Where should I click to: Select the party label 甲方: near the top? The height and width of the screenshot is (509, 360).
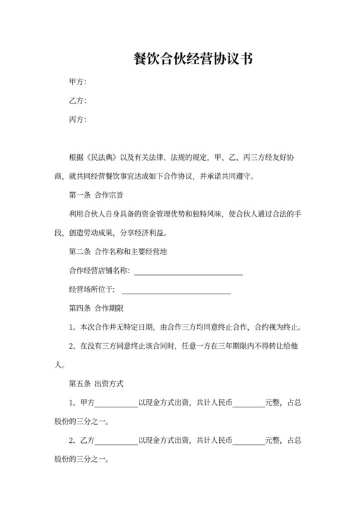(78, 82)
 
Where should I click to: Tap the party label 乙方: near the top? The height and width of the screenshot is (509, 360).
(78, 101)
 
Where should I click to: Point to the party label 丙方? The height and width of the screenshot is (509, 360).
(78, 120)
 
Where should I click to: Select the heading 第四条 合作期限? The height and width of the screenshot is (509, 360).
(96, 308)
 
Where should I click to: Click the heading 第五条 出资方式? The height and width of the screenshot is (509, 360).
(96, 384)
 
